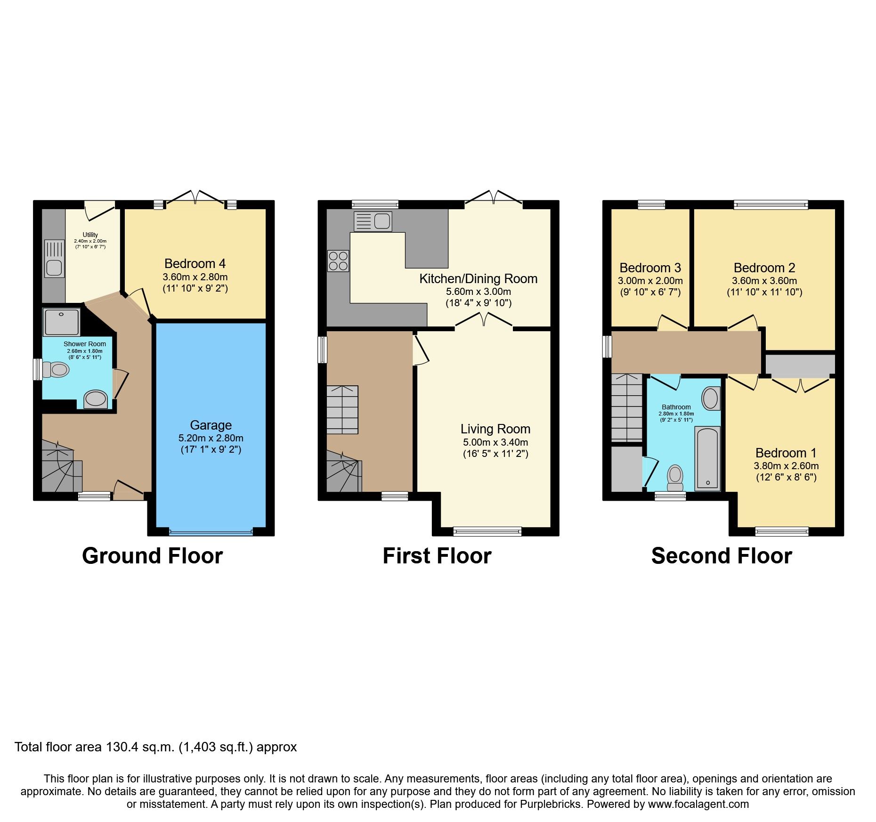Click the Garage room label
coord(211,425)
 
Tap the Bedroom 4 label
coord(195,263)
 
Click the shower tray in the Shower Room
coord(61,322)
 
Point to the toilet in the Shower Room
coord(56,370)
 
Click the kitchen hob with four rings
coord(338,260)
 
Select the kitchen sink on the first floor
coord(373,221)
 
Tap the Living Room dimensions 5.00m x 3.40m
coord(495,442)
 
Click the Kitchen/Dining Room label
coord(478,278)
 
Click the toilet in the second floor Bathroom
coord(675,478)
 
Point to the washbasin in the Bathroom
coord(710,399)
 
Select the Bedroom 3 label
coord(650,268)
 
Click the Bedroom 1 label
coord(786,453)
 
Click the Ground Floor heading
coord(152,556)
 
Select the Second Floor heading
coord(721,556)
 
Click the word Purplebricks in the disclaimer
coord(550,804)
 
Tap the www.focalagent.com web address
coord(698,804)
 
